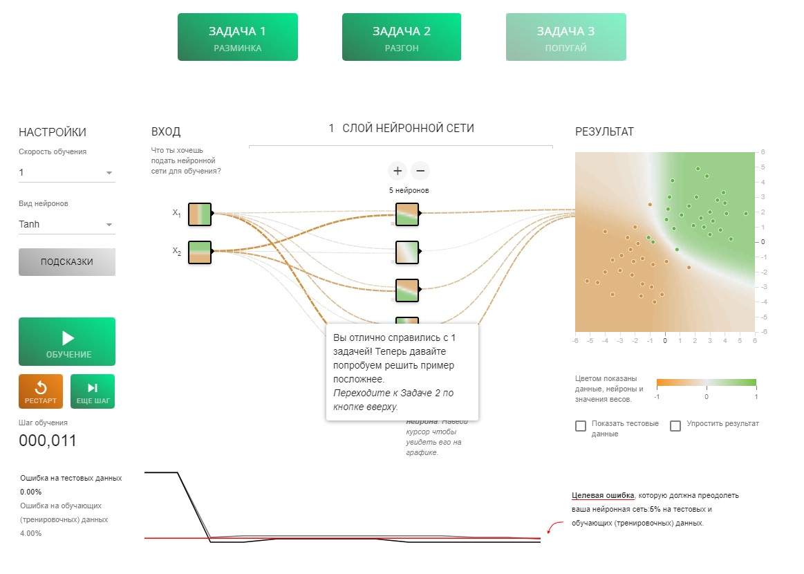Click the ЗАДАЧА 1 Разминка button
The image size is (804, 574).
(x=237, y=37)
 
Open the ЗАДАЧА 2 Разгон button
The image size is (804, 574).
(x=402, y=37)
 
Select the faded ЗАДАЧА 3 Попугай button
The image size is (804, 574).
(x=565, y=37)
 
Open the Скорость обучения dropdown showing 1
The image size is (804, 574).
(x=66, y=172)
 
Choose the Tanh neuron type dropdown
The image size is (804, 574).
(x=66, y=224)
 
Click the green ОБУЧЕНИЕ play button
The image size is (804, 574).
(x=67, y=342)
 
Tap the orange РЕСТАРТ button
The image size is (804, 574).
(x=41, y=391)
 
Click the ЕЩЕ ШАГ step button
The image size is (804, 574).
(x=93, y=391)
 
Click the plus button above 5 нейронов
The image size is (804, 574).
(x=398, y=171)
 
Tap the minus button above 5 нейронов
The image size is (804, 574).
(x=420, y=171)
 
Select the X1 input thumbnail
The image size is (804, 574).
(x=200, y=214)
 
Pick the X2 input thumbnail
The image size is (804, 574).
(x=200, y=252)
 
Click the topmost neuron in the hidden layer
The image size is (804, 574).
(x=407, y=214)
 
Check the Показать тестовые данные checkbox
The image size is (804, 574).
(x=581, y=426)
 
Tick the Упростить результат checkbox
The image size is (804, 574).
(x=675, y=426)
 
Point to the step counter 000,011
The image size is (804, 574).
(x=48, y=441)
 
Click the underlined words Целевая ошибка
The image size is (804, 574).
(x=603, y=495)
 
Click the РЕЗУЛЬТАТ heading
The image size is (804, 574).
(x=604, y=132)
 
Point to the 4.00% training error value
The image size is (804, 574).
(x=31, y=533)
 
